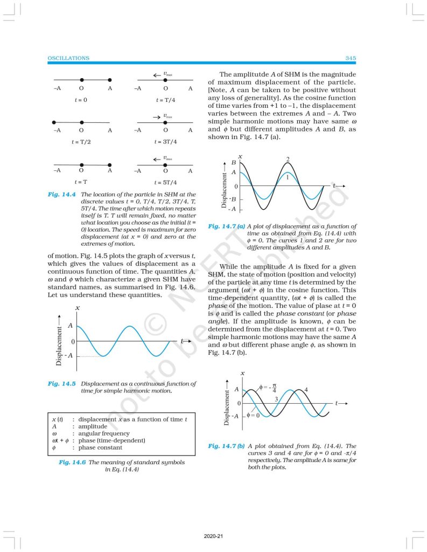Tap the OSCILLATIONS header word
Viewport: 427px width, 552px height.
pyautogui.click(x=68, y=58)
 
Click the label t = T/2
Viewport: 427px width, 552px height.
pyautogui.click(x=80, y=142)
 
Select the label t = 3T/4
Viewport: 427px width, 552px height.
pyautogui.click(x=165, y=142)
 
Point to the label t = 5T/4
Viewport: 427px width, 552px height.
pyautogui.click(x=165, y=182)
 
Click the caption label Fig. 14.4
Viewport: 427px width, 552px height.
pyautogui.click(x=61, y=194)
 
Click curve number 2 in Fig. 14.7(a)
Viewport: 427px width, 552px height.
pyautogui.click(x=288, y=159)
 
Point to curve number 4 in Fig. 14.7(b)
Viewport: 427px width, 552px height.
pyautogui.click(x=306, y=389)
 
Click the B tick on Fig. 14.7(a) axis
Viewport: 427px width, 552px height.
pyautogui.click(x=234, y=162)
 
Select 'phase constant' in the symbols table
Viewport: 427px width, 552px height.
pyautogui.click(x=100, y=447)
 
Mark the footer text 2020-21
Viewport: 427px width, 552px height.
pyautogui.click(x=213, y=537)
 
